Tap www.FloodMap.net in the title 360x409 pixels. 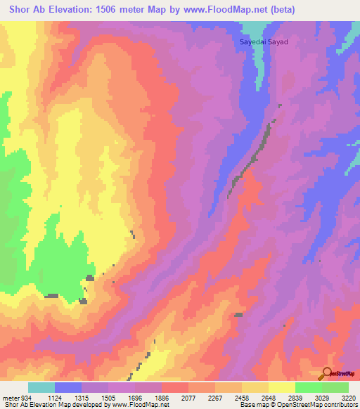pos(221,9)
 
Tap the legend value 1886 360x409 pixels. pos(161,398)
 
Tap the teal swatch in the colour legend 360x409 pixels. pos(41,387)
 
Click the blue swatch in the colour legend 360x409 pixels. pos(68,387)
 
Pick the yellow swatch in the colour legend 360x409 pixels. pos(282,387)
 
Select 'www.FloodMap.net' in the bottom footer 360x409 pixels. pos(140,405)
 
